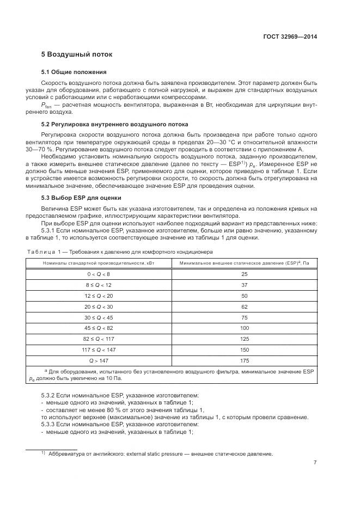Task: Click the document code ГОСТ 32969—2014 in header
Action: [290, 37]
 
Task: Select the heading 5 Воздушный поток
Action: [77, 55]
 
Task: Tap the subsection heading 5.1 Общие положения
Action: [74, 72]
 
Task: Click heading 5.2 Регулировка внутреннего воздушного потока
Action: [114, 124]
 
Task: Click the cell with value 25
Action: [244, 274]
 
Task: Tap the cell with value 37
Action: [244, 285]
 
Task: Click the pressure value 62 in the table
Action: [244, 306]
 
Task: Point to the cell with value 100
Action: [244, 328]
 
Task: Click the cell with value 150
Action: [244, 350]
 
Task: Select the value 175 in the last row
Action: [244, 361]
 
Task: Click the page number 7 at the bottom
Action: [315, 463]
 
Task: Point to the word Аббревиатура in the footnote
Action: [66, 454]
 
